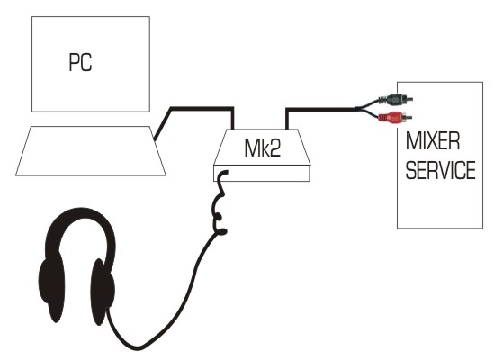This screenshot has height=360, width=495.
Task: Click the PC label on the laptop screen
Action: (x=80, y=62)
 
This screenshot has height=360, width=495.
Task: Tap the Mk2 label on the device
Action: (x=262, y=148)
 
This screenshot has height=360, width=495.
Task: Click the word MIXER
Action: (x=433, y=140)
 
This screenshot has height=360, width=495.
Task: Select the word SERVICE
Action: (x=440, y=170)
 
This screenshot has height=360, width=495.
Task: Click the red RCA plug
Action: (x=395, y=118)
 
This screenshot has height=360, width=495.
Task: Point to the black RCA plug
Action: (x=396, y=100)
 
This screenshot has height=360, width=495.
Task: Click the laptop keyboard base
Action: (x=91, y=150)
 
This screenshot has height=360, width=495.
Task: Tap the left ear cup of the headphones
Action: (x=50, y=284)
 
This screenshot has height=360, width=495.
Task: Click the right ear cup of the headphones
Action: (x=103, y=291)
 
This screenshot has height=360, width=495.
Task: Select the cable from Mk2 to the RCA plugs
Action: (x=320, y=109)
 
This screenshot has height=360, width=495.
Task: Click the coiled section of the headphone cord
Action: (x=219, y=202)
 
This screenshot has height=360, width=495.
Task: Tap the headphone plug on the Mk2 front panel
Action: (x=223, y=174)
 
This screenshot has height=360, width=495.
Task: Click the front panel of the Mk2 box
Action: (x=262, y=174)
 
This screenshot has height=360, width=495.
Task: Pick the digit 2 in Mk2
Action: (x=274, y=148)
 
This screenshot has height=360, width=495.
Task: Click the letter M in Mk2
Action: (x=251, y=148)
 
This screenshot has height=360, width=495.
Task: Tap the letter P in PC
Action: (x=74, y=62)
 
